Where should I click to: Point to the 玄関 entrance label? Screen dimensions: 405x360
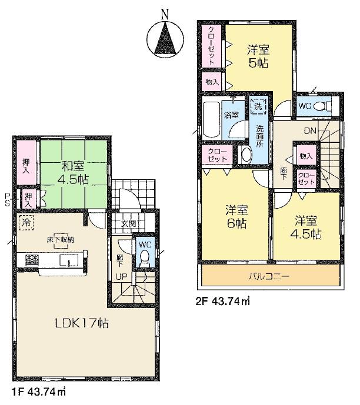(x=129, y=223)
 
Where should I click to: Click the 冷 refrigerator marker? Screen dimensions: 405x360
(x=26, y=222)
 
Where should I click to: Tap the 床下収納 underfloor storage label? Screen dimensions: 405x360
(x=62, y=239)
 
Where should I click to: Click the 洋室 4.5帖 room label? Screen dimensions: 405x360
(x=306, y=226)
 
